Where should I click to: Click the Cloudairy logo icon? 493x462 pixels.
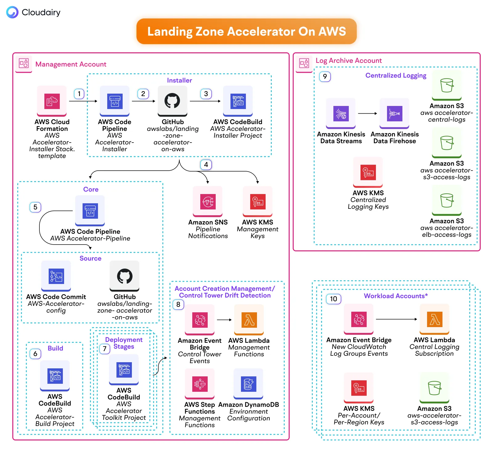tap(12, 12)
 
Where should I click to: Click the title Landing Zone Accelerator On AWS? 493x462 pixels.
tap(246, 31)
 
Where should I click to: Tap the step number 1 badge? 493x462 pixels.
tap(79, 94)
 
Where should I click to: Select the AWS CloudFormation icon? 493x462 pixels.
tap(52, 101)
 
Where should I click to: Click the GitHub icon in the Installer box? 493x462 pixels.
tap(172, 101)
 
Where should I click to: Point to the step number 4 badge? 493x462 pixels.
tap(206, 164)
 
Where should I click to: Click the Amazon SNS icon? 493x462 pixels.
tap(208, 201)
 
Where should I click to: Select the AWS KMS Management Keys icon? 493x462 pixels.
tap(258, 201)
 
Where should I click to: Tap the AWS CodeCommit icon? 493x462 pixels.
tap(56, 276)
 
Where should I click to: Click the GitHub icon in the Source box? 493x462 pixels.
tap(124, 276)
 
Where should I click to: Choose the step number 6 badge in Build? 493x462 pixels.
tap(35, 354)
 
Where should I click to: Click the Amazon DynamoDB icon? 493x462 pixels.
tap(248, 384)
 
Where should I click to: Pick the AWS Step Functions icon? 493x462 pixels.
tap(200, 384)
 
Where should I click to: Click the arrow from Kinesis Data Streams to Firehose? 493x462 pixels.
tap(367, 113)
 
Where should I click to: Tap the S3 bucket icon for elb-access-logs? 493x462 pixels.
tap(446, 201)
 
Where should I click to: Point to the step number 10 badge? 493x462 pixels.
tap(333, 299)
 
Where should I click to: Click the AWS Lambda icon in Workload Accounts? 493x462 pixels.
tap(434, 319)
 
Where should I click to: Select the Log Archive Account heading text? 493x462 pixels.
tap(348, 61)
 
